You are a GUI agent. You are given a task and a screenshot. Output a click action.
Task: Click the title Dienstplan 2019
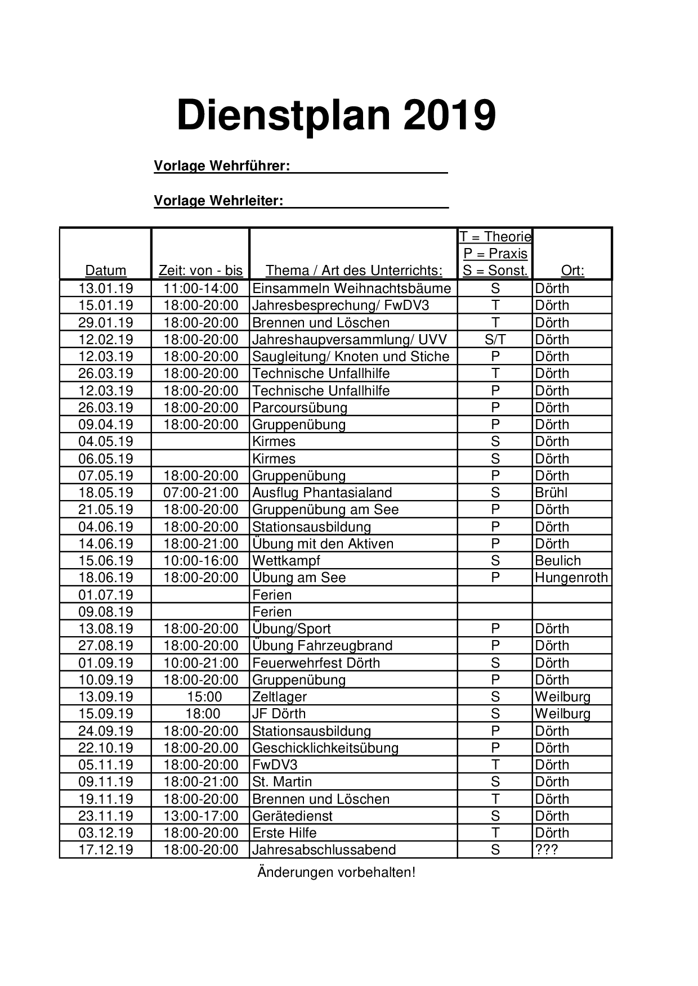coord(336,115)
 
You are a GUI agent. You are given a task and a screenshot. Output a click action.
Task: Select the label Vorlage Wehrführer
coord(222,166)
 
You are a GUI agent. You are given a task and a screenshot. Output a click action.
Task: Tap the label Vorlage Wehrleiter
coord(218,201)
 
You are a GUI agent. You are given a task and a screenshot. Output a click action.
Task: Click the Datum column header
coord(105,271)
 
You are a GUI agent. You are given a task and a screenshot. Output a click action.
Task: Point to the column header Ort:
coord(572,271)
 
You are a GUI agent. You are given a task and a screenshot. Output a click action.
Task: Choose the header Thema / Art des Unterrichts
coord(354,271)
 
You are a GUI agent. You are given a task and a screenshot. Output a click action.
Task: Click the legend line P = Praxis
coord(495,254)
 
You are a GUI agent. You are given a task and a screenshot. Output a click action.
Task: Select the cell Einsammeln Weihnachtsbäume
coord(351,289)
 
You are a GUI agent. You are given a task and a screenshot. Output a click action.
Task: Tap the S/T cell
coord(495,340)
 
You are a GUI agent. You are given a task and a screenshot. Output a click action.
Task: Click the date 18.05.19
coord(105,493)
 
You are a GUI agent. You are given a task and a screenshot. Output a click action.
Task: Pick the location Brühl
coord(551,493)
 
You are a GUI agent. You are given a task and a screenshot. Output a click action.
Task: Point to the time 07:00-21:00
coord(200,493)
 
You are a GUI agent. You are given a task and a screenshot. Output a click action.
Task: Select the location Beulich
coord(558,561)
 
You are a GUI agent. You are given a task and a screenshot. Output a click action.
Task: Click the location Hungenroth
coord(571,578)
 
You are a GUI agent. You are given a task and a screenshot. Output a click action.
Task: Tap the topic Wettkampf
coord(286,561)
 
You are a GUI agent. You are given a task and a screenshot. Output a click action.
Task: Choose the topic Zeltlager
coord(279,697)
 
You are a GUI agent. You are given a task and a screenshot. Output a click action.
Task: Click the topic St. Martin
coord(281,782)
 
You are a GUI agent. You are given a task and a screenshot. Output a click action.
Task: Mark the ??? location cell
coord(546,850)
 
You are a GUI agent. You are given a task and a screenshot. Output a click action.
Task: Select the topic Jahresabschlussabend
coord(324,850)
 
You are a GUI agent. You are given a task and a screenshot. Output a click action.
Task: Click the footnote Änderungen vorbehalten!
coord(336,872)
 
